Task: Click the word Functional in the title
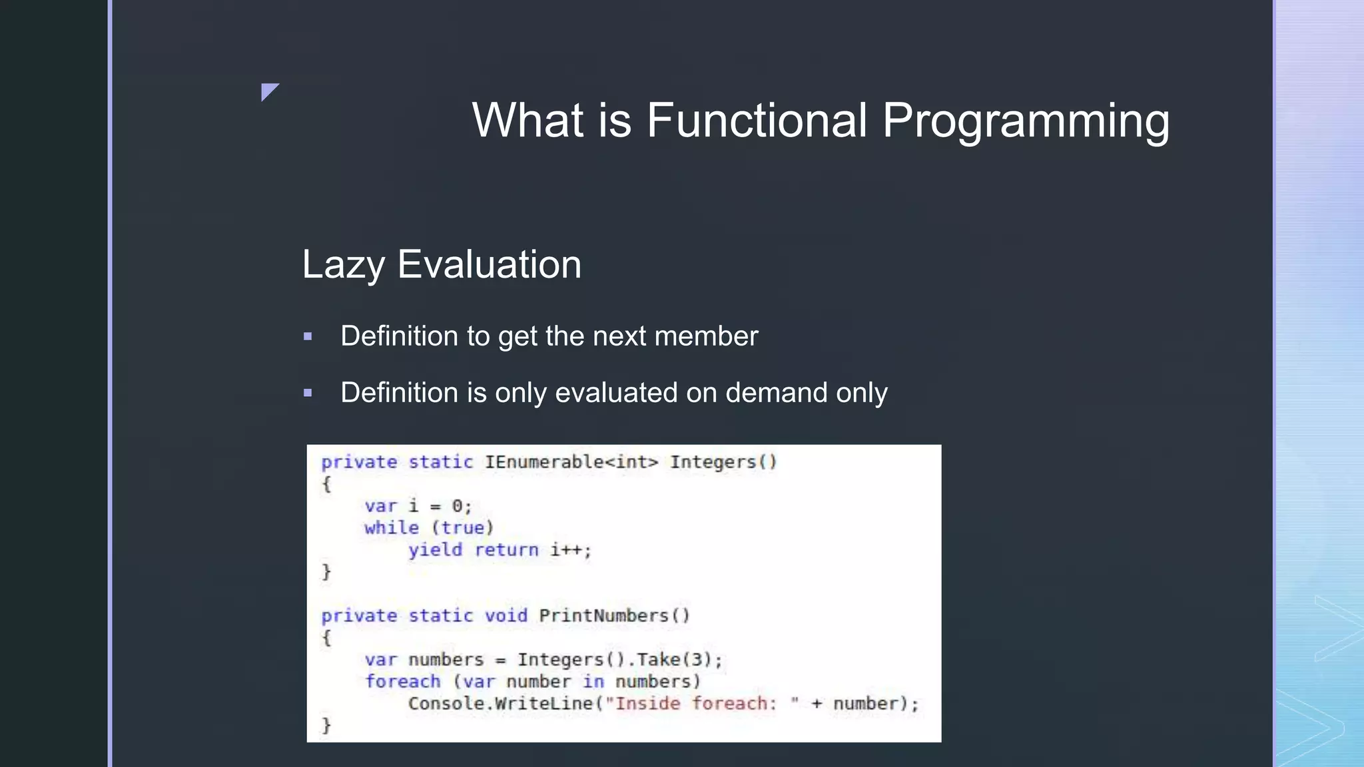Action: pyautogui.click(x=757, y=121)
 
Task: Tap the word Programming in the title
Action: pyautogui.click(x=1026, y=122)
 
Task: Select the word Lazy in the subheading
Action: pyautogui.click(x=343, y=265)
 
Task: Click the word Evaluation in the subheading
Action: pyautogui.click(x=490, y=264)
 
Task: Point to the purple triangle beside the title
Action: pyautogui.click(x=268, y=91)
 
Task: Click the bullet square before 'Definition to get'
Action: pyautogui.click(x=308, y=337)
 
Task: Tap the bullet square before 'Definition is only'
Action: pyautogui.click(x=308, y=393)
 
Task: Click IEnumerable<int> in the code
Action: pyautogui.click(x=571, y=462)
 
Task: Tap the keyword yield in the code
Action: pyautogui.click(x=435, y=550)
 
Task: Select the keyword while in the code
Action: pyautogui.click(x=392, y=528)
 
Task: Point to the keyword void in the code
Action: pyautogui.click(x=506, y=616)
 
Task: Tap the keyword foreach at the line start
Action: pyautogui.click(x=402, y=682)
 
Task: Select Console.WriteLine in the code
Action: pyautogui.click(x=500, y=704)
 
